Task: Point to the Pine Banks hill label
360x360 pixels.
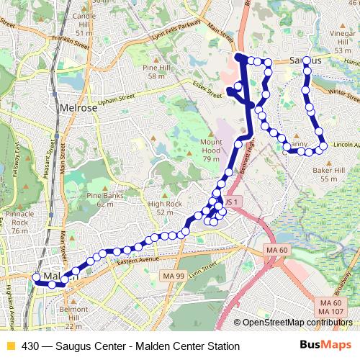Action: [x=101, y=199]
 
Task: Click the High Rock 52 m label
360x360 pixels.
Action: [x=160, y=208]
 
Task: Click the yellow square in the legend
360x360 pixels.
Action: [x=10, y=346]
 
